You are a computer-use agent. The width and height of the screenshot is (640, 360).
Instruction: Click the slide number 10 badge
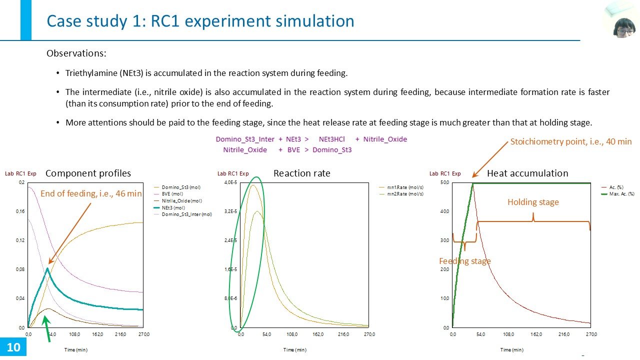(13, 347)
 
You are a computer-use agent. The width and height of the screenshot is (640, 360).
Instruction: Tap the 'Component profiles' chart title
(88, 173)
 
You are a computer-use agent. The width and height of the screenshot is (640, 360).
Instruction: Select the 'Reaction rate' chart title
(301, 173)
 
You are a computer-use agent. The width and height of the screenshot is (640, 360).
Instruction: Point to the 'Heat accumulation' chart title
(527, 173)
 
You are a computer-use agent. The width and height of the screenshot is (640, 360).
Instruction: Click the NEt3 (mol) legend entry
(172, 207)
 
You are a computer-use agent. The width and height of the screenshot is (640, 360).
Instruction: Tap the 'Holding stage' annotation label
(533, 202)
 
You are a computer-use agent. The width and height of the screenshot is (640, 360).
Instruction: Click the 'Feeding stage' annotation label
(464, 261)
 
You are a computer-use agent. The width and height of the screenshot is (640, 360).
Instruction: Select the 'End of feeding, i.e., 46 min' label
(91, 193)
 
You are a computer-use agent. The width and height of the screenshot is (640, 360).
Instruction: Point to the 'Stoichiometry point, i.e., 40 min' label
(570, 142)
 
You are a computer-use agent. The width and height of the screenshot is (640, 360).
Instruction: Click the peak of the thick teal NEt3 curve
(47, 268)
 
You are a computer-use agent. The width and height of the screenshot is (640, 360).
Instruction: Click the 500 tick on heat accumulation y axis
(444, 182)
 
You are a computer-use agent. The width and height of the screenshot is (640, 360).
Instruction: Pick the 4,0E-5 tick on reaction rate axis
(230, 182)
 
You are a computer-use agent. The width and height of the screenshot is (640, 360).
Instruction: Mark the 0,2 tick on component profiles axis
(21, 182)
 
